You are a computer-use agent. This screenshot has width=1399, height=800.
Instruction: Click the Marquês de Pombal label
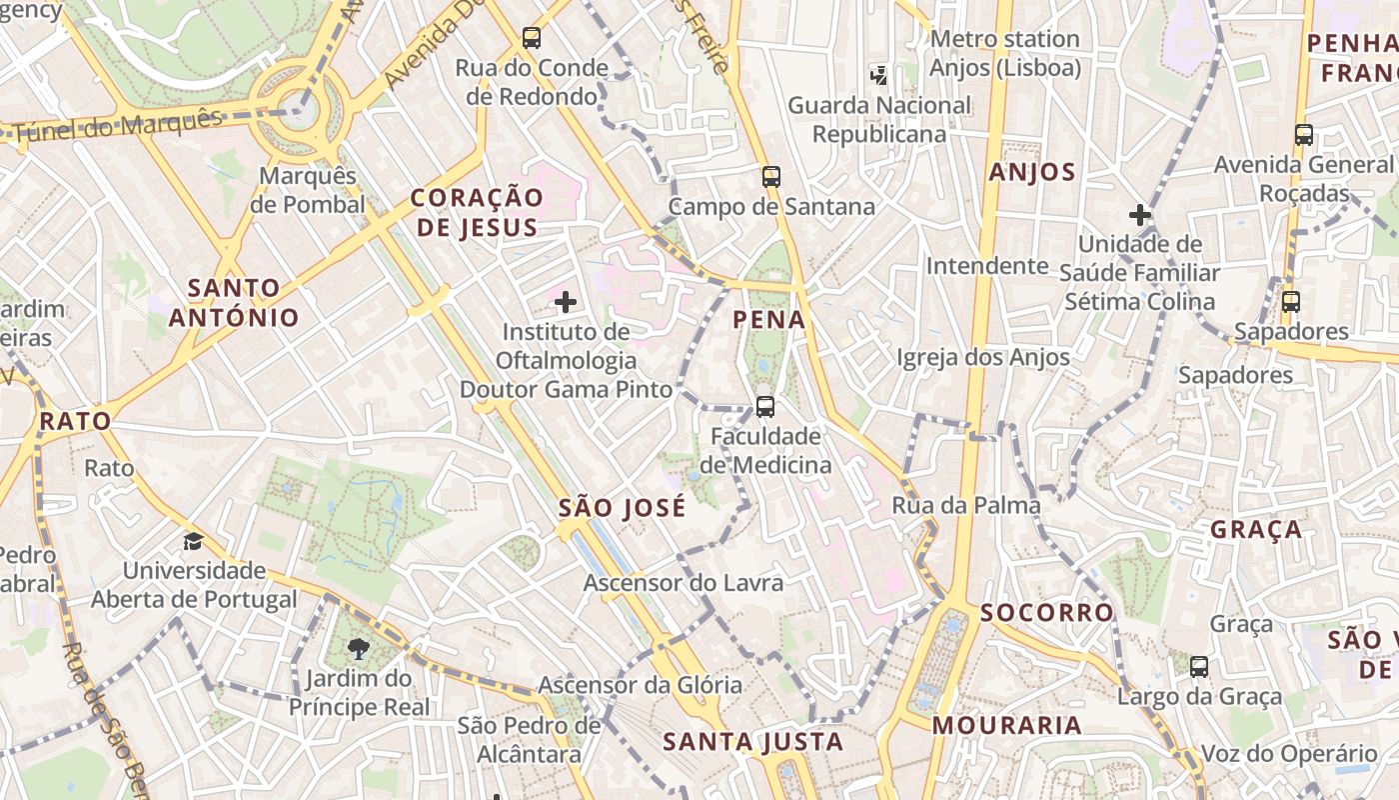(307, 190)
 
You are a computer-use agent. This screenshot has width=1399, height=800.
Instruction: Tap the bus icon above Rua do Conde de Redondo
(532, 38)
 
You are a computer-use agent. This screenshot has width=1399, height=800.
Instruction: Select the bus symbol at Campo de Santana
(770, 177)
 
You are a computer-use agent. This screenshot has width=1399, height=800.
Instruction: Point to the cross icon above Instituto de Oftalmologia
(566, 301)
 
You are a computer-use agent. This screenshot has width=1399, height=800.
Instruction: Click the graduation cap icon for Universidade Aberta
(193, 541)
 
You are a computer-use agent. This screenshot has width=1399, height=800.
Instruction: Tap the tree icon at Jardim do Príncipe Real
(359, 649)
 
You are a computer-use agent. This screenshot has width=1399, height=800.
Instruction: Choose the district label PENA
(768, 320)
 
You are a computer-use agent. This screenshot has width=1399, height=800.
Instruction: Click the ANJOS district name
(1032, 172)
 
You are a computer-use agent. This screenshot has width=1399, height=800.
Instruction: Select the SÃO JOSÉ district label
(622, 508)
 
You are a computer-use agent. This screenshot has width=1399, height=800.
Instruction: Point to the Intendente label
(987, 266)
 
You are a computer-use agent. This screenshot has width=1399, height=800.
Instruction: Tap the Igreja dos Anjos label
(982, 357)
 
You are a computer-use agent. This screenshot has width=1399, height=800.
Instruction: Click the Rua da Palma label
(966, 505)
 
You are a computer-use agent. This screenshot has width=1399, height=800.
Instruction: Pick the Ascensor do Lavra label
(684, 582)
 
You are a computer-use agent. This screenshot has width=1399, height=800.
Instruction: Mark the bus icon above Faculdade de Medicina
(765, 407)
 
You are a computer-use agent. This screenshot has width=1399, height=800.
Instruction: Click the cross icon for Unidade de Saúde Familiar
(1139, 215)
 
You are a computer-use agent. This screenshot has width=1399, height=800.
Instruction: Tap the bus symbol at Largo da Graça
(1199, 666)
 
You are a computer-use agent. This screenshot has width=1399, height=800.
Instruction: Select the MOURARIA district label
(1007, 726)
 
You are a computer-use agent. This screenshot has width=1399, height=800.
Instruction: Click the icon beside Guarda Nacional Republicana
(879, 74)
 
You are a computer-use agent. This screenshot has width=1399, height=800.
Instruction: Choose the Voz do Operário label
(1289, 754)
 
